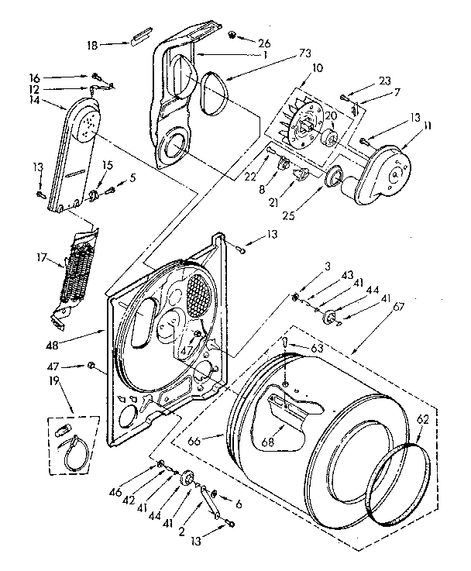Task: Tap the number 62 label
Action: pyautogui.click(x=422, y=419)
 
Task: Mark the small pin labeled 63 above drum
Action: pyautogui.click(x=286, y=343)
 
